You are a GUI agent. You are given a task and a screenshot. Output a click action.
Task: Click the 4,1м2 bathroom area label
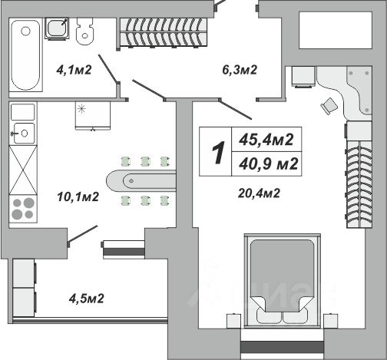74,70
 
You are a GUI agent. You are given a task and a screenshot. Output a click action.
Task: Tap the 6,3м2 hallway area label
240,70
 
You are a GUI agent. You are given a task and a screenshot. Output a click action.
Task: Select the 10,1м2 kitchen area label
78,197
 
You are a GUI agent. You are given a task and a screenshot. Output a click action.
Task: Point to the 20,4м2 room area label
259,193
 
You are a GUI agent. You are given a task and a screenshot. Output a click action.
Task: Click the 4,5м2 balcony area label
87,299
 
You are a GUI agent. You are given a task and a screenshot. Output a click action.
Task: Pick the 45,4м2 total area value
266,140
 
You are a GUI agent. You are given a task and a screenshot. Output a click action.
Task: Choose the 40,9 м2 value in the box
269,163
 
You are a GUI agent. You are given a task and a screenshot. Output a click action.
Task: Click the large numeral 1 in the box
218,153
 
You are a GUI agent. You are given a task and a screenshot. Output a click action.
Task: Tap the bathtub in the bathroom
25,55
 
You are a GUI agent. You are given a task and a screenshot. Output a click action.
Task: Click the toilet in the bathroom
85,31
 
